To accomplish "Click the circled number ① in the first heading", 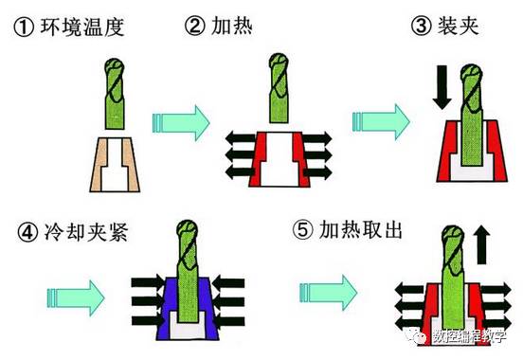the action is click(24, 27).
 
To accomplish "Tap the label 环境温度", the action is click(82, 27).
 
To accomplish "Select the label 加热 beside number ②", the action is click(232, 26).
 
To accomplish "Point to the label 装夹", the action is click(459, 26).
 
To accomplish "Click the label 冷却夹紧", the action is click(86, 231).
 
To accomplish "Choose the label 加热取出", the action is click(361, 229).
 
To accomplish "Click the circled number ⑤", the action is click(303, 230).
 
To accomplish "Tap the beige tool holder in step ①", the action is click(115, 165).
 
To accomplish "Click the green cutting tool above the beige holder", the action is click(115, 94).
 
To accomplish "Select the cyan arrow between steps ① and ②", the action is click(181, 123).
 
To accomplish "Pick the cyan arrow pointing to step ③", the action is click(381, 121).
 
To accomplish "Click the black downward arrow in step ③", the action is click(442, 87).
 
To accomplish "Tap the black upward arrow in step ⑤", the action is click(482, 244).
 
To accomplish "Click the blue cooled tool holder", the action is click(188, 308).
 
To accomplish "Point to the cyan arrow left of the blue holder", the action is click(76, 297).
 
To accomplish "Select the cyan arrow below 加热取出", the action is click(329, 293).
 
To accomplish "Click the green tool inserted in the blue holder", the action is click(188, 271).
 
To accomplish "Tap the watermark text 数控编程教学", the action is click(470, 336).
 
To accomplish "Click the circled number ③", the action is click(422, 26).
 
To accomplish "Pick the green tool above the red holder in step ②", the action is click(279, 88).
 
